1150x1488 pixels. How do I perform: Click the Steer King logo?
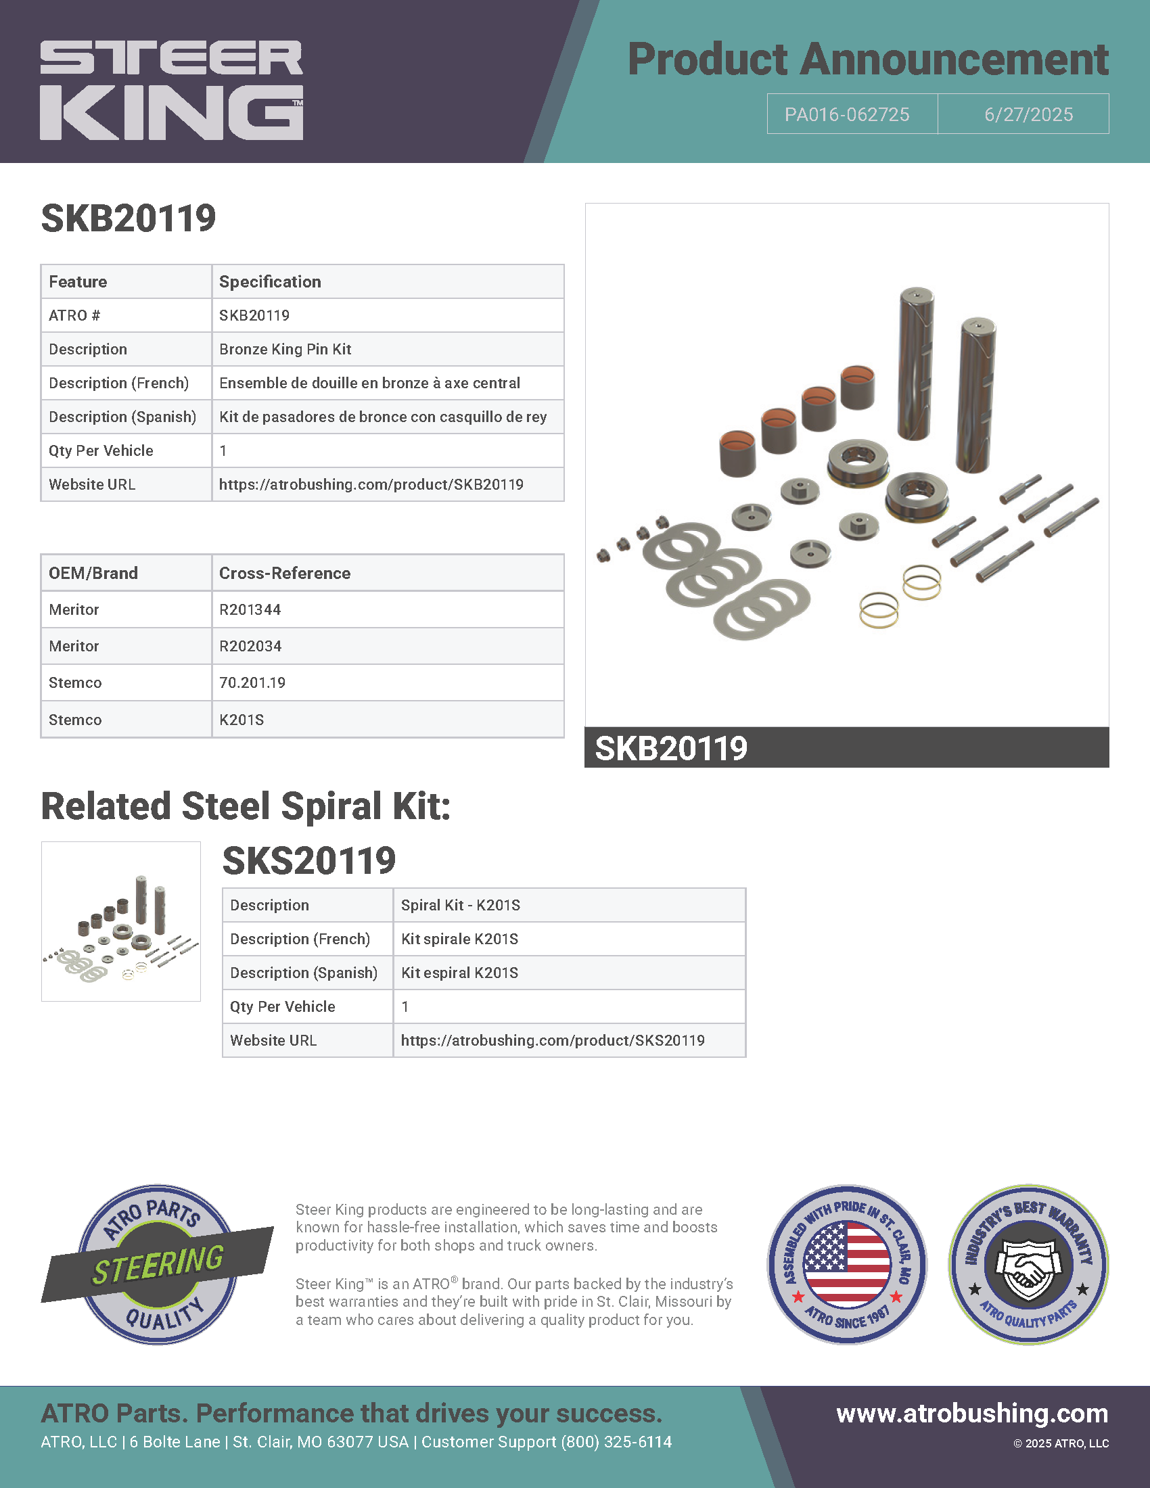pos(172,90)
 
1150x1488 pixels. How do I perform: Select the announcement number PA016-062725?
pos(847,114)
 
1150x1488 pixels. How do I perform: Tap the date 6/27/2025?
pos(1028,114)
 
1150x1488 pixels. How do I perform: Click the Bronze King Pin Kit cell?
pos(285,349)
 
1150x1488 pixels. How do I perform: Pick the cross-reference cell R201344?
pos(250,610)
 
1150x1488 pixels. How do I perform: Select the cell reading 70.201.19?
pos(252,682)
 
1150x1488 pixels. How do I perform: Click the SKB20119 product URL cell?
pos(371,484)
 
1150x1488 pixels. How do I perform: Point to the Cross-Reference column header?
pos(285,573)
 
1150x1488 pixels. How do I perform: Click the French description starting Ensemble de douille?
pos(369,383)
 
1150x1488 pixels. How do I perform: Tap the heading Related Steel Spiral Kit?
pos(246,807)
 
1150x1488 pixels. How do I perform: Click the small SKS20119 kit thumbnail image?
pos(120,921)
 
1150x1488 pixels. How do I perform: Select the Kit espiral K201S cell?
pos(460,973)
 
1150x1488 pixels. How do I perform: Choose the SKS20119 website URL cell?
pos(553,1040)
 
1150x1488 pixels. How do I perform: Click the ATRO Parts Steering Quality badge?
pos(158,1265)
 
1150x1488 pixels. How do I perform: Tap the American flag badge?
pos(847,1265)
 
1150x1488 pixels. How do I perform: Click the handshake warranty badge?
pos(1028,1265)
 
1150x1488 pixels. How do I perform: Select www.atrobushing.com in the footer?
pos(972,1413)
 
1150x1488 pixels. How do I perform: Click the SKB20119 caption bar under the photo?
pos(846,748)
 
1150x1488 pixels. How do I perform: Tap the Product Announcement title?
pos(867,60)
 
